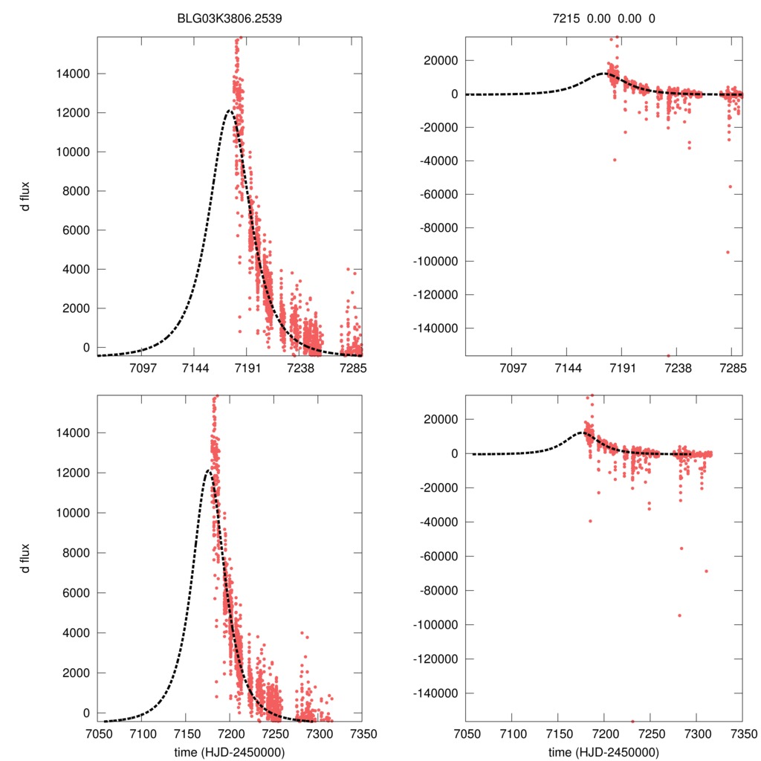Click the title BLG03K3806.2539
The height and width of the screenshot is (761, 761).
coord(230,19)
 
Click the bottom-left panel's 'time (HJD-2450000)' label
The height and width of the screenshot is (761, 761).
coord(230,752)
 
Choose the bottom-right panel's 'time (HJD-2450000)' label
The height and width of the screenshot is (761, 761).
coord(604,752)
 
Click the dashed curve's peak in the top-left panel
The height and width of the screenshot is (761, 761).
coord(230,111)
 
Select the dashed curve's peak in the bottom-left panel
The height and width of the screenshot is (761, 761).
coord(207,470)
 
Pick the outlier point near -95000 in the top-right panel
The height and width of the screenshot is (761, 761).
coord(728,252)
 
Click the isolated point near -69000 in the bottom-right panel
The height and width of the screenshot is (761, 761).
coord(706,571)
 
